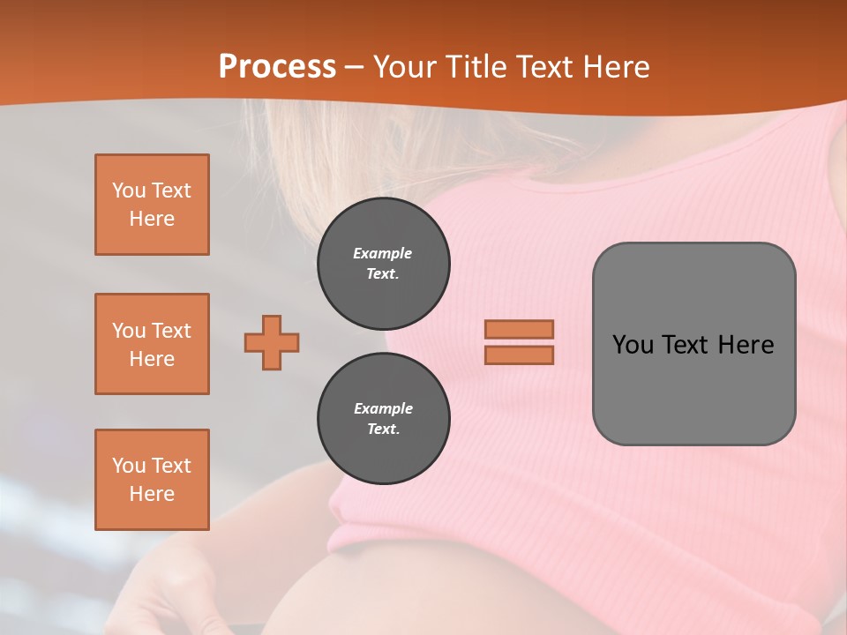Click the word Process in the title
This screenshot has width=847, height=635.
click(277, 67)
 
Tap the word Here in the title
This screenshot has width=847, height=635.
click(618, 67)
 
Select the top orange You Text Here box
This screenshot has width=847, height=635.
click(152, 205)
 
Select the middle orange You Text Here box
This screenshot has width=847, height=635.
click(152, 344)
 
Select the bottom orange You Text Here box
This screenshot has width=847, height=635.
click(152, 480)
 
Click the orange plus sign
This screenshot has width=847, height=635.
click(272, 342)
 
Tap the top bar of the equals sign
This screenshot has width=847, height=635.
click(519, 329)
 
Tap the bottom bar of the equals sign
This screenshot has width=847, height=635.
click(519, 355)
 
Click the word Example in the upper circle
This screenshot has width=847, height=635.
click(382, 253)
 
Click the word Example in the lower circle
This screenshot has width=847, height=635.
click(383, 408)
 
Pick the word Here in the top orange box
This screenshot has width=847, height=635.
click(152, 219)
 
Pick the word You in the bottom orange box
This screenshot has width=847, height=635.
click(129, 466)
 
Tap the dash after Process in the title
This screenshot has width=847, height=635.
click(355, 67)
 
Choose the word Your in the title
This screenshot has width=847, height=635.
click(406, 67)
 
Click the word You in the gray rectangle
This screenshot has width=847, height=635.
click(633, 345)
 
